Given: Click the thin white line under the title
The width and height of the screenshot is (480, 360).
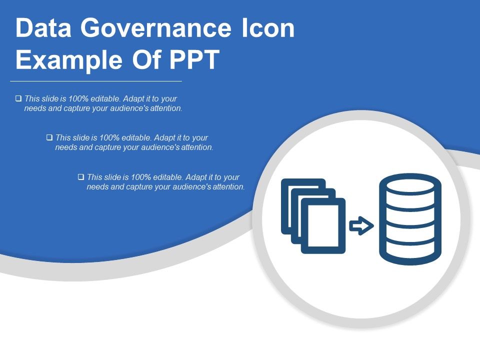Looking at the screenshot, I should (96, 80).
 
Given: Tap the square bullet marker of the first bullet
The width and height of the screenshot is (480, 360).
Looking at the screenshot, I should (18, 98).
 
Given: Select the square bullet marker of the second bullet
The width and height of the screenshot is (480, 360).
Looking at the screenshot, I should (49, 137).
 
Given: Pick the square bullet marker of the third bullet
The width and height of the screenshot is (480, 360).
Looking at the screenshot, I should (81, 177).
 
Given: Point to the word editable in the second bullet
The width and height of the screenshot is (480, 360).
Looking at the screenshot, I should (135, 137).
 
